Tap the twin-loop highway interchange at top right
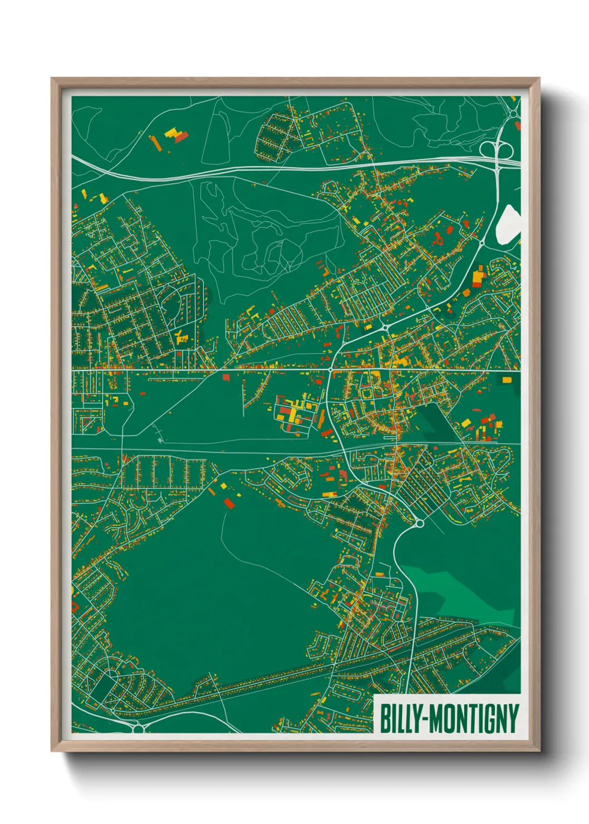[x=497, y=149]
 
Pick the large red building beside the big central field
[x=229, y=503]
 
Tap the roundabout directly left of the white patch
[x=482, y=243]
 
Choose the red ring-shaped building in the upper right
[x=438, y=239]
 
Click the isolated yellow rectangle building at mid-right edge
[x=507, y=380]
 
